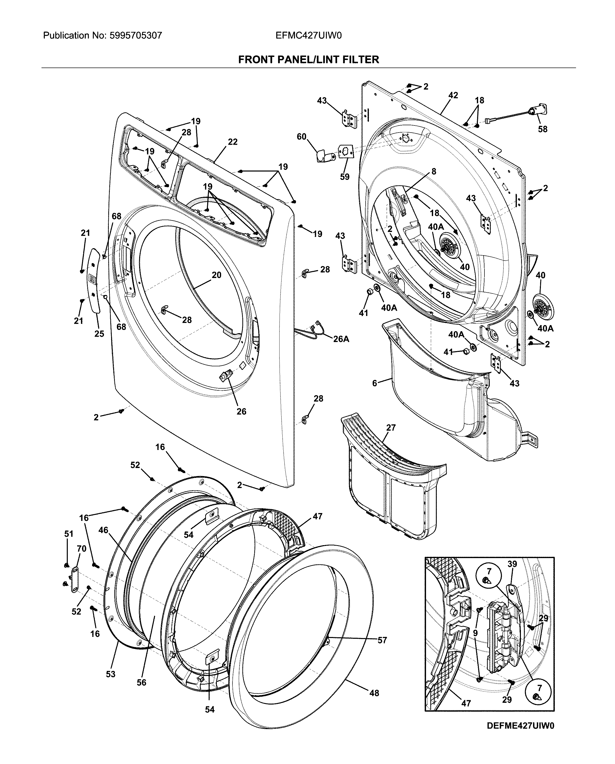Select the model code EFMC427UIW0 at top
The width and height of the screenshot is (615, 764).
point(309,35)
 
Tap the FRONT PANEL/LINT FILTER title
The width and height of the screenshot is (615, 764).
point(309,59)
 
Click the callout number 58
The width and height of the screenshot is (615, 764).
point(542,129)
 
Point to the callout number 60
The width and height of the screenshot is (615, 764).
point(302,137)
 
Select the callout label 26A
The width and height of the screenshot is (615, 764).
point(341,339)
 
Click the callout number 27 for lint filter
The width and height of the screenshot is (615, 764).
point(391,428)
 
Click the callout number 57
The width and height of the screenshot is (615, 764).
point(382,640)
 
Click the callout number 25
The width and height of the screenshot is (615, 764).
point(99,333)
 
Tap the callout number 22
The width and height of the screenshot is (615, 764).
point(232,142)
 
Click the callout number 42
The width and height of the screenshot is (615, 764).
point(453,95)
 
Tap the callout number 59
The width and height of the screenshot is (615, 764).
point(345,177)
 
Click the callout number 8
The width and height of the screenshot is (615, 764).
point(434,172)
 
